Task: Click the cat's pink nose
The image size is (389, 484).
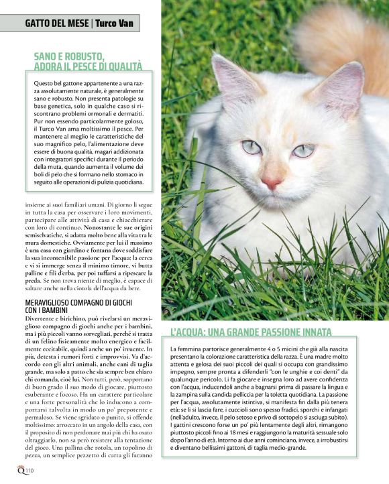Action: pyautogui.click(x=271, y=182)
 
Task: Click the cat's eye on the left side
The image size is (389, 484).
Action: pyautogui.click(x=252, y=146)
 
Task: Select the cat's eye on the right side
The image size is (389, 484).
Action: pyautogui.click(x=303, y=150)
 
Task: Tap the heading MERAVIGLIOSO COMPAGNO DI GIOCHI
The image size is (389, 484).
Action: pyautogui.click(x=78, y=304)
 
